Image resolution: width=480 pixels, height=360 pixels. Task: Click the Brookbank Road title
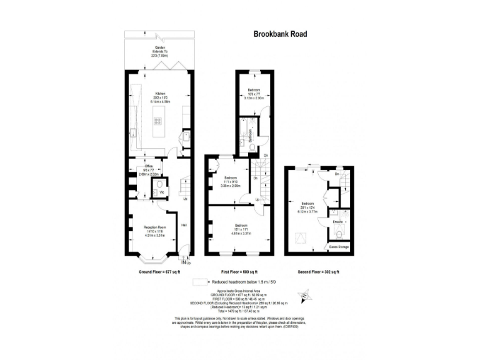[280, 35]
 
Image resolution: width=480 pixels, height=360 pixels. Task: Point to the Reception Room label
[154, 229]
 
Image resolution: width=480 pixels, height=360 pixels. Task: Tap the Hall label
[184, 225]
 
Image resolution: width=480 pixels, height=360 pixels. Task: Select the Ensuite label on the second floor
[337, 222]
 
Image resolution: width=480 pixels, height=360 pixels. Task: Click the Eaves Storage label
[339, 247]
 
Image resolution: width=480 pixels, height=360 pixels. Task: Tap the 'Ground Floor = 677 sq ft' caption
[159, 272]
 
